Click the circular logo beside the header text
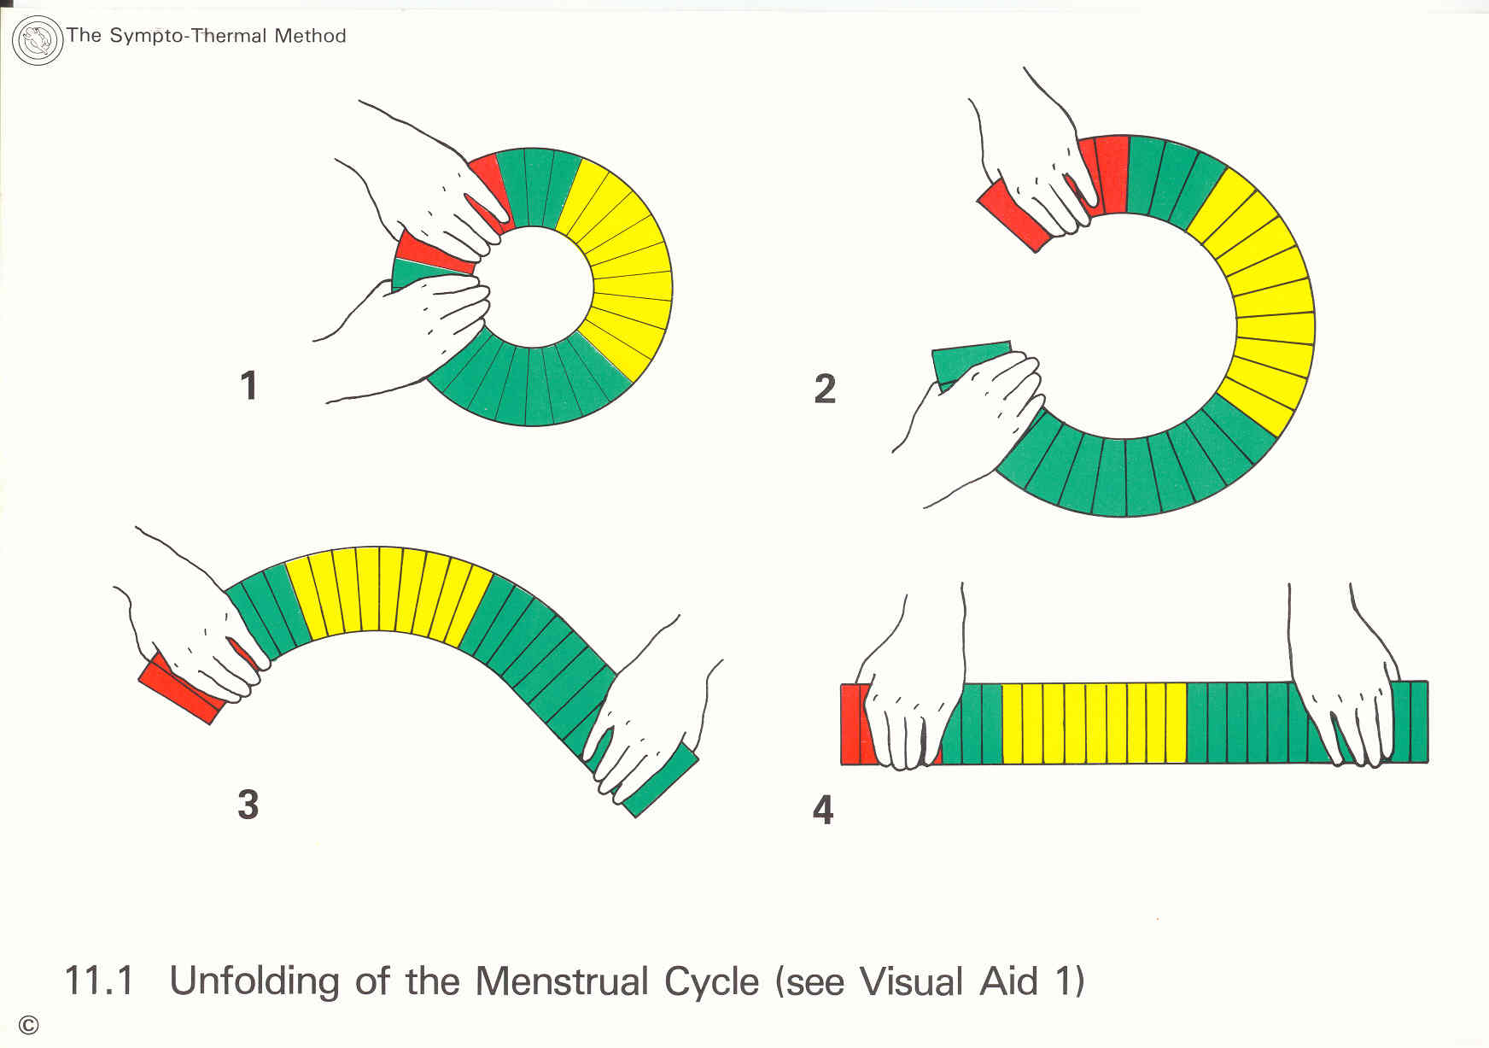38,40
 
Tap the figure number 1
248,385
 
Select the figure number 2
825,389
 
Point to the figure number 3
248,805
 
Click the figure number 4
823,810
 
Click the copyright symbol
28,1025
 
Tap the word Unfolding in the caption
255,981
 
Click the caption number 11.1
99,981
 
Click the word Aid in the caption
1008,981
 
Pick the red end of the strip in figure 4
852,723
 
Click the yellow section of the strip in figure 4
1094,723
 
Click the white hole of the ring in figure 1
534,287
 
